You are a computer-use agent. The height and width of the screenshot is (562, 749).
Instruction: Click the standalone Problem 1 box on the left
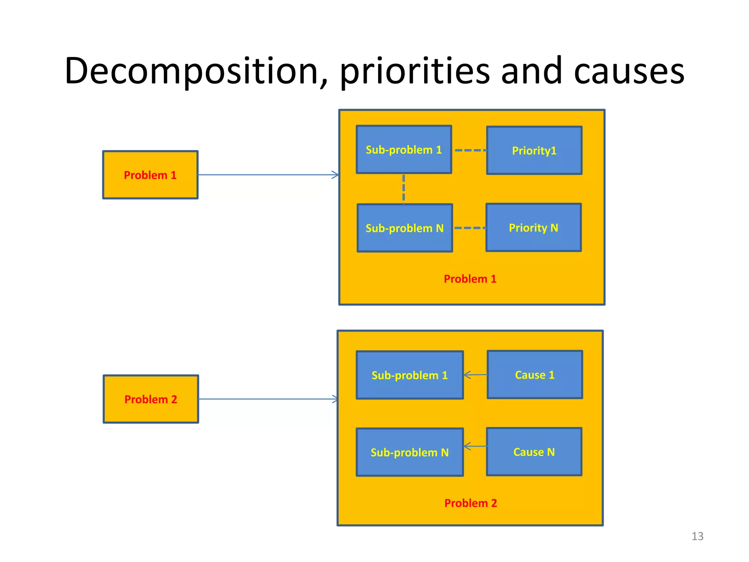(150, 175)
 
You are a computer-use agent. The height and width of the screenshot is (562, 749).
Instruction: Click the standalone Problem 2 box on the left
(151, 399)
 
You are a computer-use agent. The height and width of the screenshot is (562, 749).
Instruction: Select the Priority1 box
(534, 150)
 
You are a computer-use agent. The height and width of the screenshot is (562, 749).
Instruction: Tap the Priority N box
(533, 228)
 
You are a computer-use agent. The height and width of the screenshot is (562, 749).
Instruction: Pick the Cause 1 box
(535, 375)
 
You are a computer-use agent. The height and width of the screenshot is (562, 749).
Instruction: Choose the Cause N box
(534, 452)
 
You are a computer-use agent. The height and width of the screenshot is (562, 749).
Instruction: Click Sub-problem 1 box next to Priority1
(404, 150)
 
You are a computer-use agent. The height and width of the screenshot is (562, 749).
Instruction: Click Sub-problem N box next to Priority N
(404, 228)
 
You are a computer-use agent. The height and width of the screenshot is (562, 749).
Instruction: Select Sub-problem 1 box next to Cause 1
(410, 375)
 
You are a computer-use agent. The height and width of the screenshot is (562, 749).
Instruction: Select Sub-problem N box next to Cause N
(410, 452)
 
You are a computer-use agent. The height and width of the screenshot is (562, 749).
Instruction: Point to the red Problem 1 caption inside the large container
(470, 279)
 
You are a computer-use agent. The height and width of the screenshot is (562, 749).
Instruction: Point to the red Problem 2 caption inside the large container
(470, 503)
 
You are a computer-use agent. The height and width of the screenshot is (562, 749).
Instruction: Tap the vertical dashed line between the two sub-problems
(404, 188)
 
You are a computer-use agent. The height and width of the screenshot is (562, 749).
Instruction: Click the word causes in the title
(629, 71)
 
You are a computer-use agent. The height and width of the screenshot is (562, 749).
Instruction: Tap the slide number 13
(697, 536)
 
